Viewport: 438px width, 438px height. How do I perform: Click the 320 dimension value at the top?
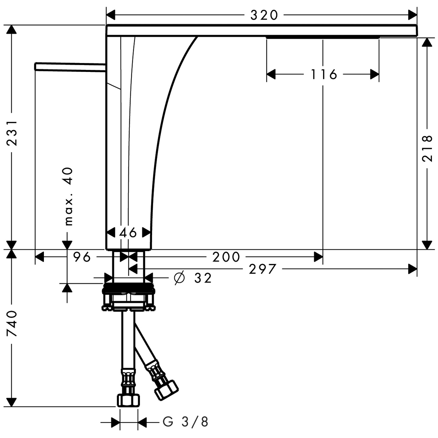(264, 16)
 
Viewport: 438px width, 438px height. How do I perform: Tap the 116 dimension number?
(323, 74)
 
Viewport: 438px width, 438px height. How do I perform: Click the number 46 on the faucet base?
(128, 233)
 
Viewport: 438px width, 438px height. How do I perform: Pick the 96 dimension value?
(82, 257)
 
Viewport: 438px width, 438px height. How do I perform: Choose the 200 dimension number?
(226, 257)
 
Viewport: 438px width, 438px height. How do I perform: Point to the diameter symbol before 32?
(179, 278)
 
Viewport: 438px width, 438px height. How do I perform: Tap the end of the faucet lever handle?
(35, 66)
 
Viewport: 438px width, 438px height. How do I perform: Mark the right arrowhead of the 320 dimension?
(412, 15)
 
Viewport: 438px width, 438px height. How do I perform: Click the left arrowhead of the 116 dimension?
(271, 74)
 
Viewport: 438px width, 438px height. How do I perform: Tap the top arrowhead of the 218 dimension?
(427, 42)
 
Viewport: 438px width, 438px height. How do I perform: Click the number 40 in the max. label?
(69, 176)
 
